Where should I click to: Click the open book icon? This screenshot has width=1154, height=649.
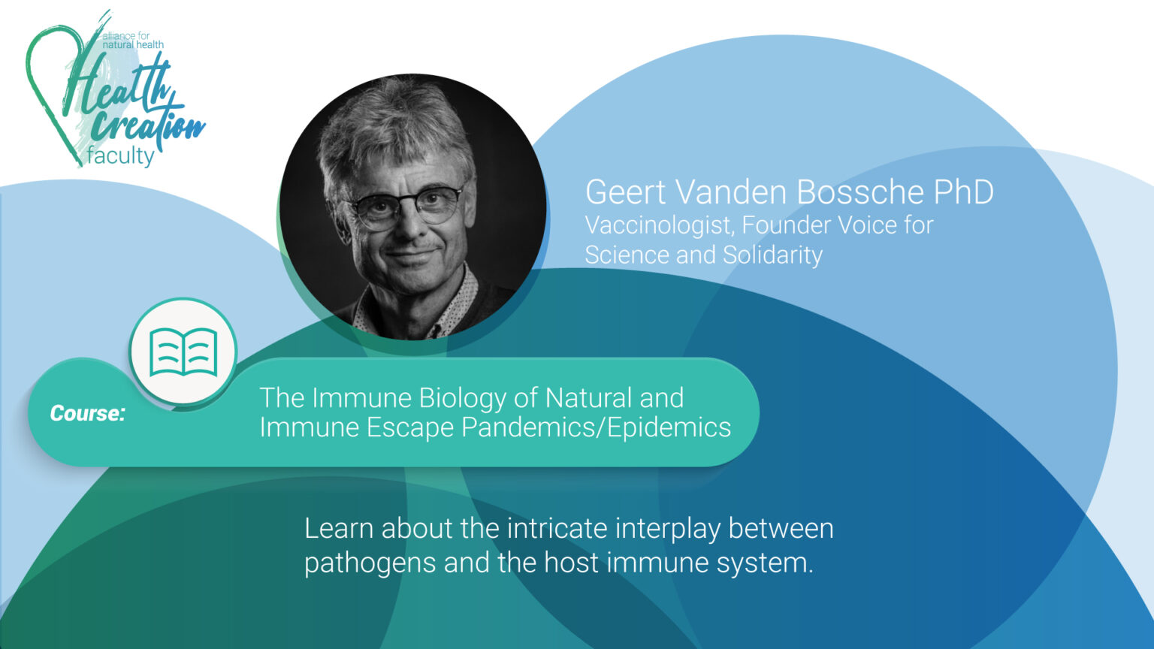(183, 352)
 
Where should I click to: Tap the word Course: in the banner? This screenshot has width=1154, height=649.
(87, 413)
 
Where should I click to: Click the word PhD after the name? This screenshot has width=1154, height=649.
(963, 192)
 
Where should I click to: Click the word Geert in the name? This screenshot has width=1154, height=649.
(626, 192)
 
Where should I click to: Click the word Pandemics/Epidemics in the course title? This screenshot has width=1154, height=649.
(596, 427)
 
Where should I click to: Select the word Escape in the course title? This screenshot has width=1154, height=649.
(410, 427)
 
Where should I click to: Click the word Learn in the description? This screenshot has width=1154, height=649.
(339, 529)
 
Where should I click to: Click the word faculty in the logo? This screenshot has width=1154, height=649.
(120, 155)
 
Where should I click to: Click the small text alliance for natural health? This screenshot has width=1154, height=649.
(131, 41)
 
